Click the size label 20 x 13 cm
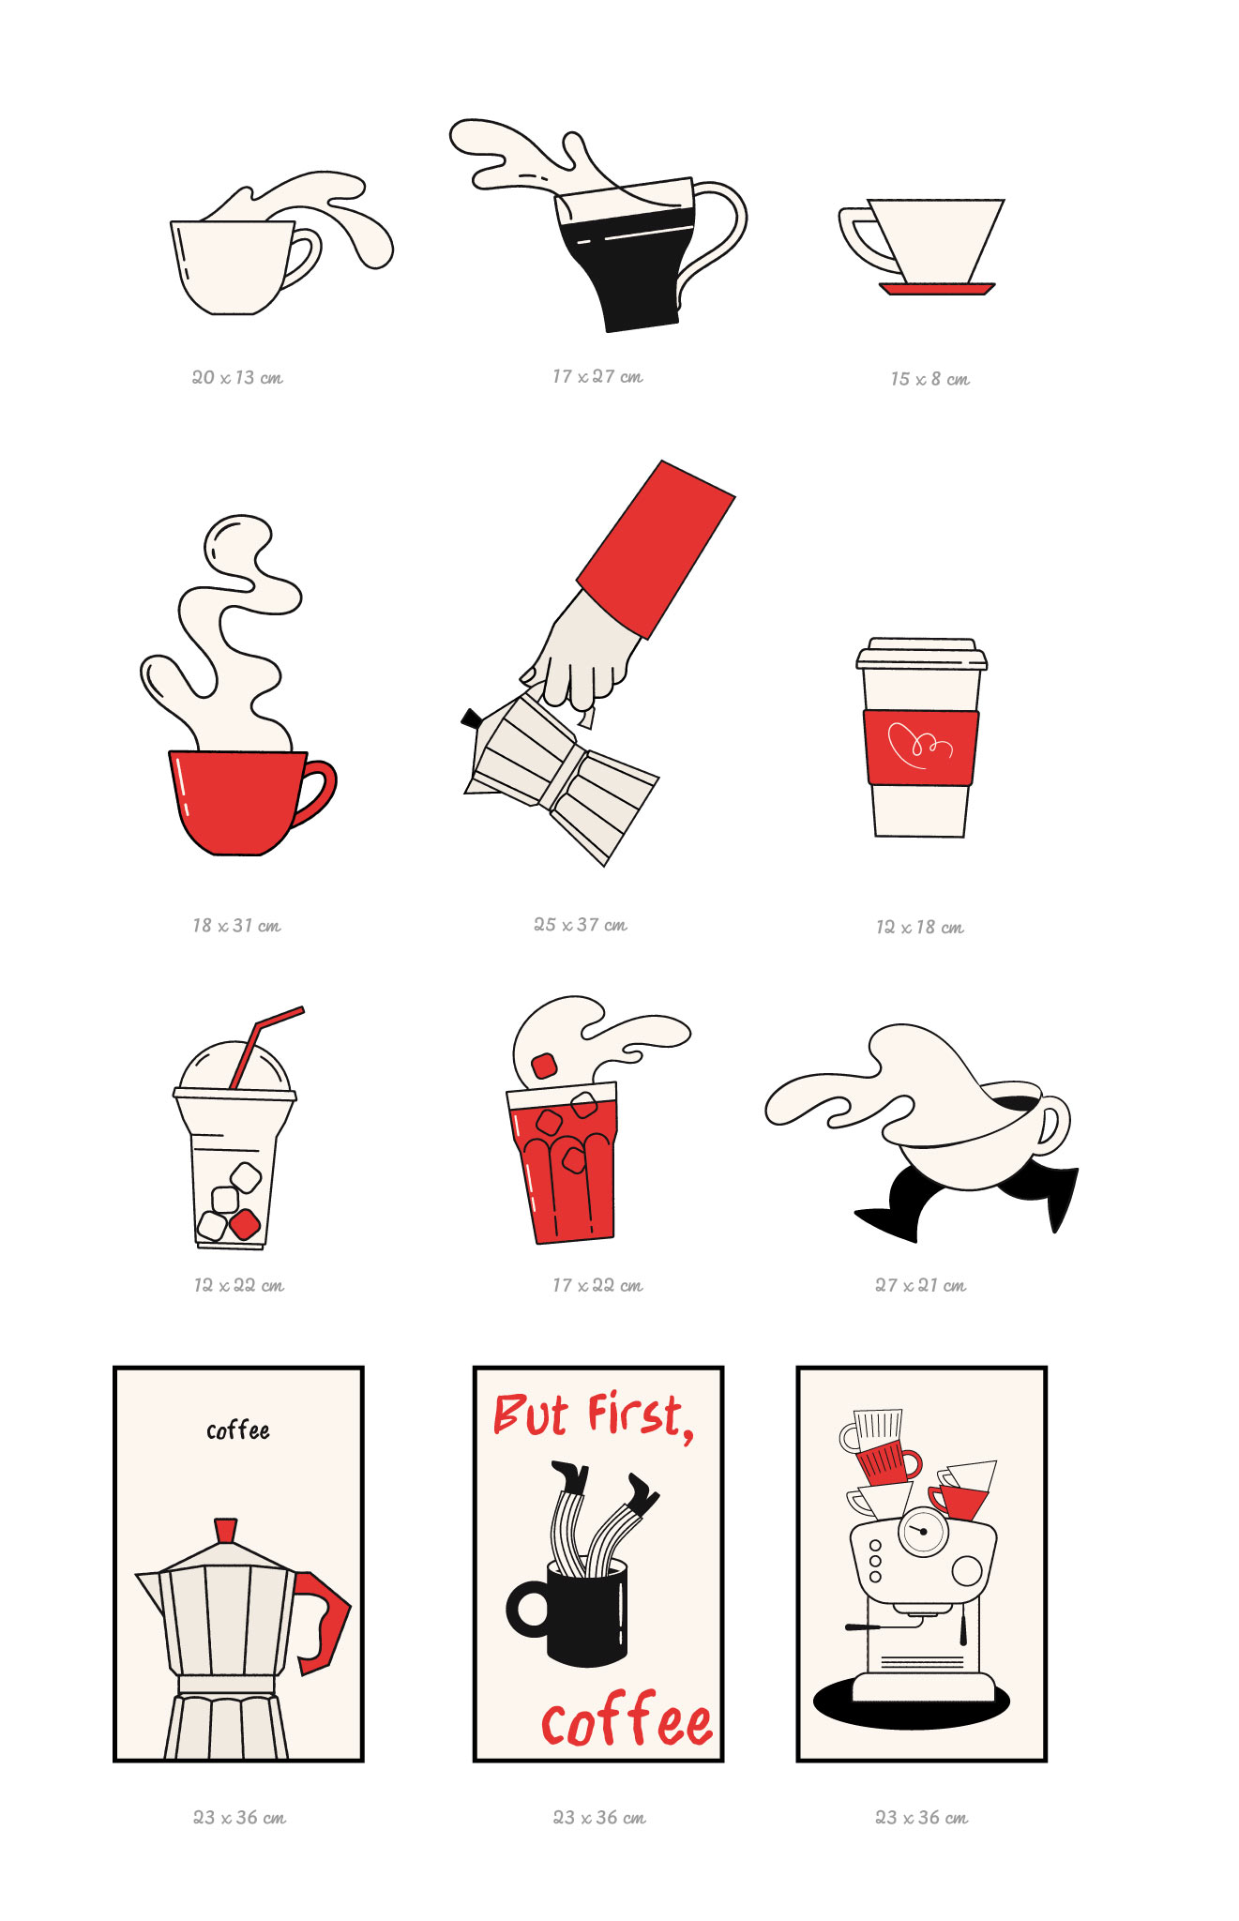click(237, 377)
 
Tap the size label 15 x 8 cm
click(929, 379)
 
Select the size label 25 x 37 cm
click(581, 925)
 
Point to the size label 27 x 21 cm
click(920, 1285)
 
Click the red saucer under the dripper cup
click(937, 289)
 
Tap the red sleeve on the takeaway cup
click(921, 748)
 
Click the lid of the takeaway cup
click(921, 654)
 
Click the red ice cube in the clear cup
click(245, 1224)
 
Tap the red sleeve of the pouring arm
click(656, 549)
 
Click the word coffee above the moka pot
click(238, 1430)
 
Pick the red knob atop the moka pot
click(225, 1531)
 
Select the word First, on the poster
click(642, 1415)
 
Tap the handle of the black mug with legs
click(528, 1610)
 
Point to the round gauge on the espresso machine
click(924, 1531)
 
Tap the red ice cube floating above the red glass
click(544, 1066)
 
